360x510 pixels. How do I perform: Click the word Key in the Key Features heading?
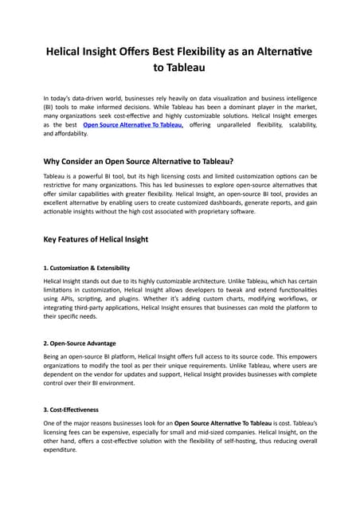tap(52, 240)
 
